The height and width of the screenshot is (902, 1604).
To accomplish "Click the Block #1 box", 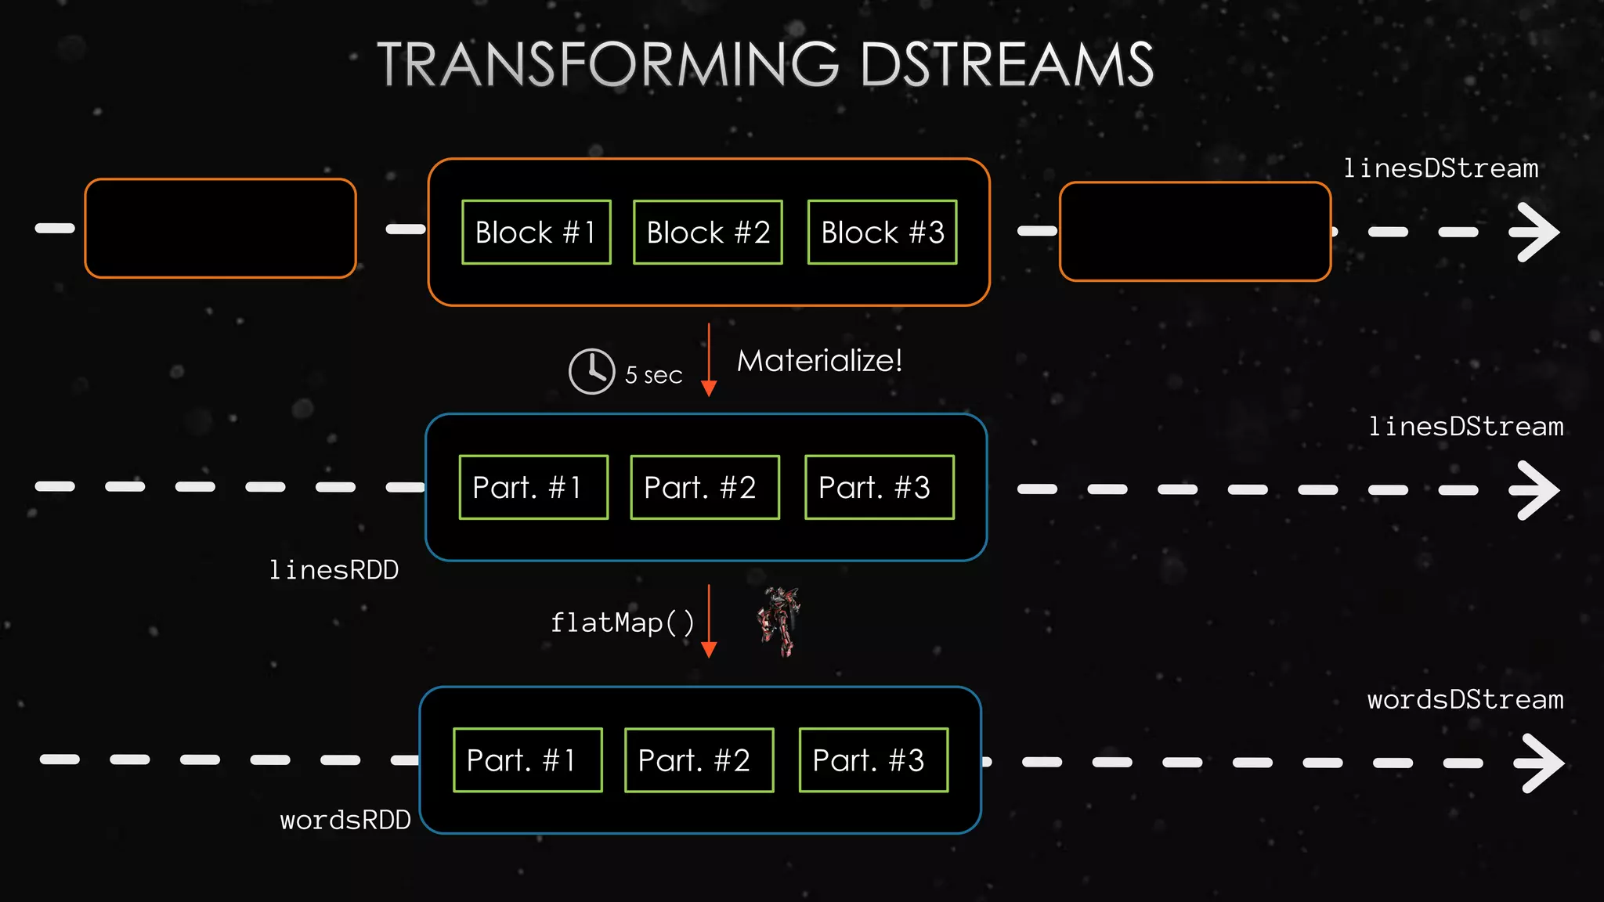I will click(536, 233).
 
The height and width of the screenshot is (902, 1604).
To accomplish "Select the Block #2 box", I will click(707, 233).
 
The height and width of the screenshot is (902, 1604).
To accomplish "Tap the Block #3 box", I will click(882, 233).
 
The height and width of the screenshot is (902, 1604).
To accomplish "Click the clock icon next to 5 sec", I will click(591, 371).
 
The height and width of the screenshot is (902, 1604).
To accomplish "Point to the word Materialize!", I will click(819, 361).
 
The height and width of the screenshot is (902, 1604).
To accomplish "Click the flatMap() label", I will click(622, 622).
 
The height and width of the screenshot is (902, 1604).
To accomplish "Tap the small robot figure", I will click(779, 621).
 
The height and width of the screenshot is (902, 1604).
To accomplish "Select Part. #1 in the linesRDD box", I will click(533, 487).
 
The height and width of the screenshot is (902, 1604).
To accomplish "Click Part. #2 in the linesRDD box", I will click(704, 487).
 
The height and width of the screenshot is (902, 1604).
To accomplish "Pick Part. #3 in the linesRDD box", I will click(879, 487).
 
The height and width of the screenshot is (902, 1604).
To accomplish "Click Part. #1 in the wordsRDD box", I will click(527, 760).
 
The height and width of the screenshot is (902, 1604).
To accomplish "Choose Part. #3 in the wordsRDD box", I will click(873, 760).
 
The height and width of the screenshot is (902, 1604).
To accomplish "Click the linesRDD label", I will click(334, 570).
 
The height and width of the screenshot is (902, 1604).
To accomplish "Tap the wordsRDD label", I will click(345, 820).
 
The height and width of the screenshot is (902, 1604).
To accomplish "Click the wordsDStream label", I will click(1465, 699).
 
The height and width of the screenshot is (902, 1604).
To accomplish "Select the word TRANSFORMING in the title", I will click(608, 64).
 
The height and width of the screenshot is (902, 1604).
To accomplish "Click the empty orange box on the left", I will click(220, 228).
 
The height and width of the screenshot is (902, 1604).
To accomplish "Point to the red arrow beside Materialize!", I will click(709, 360).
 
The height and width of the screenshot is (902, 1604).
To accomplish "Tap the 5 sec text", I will click(653, 376).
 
